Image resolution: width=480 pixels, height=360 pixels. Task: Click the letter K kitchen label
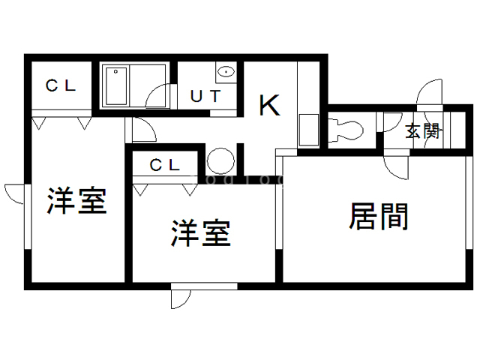pos(269,105)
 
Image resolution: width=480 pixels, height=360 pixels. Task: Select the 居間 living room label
pos(379,217)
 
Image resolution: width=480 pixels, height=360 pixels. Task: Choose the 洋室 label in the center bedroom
pos(199,234)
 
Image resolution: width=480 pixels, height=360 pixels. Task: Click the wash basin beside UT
pos(226,73)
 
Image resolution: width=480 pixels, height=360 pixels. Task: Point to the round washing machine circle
pos(220,161)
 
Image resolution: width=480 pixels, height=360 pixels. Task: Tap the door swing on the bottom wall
pos(181,297)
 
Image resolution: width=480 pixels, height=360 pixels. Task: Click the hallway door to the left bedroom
pos(143,129)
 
